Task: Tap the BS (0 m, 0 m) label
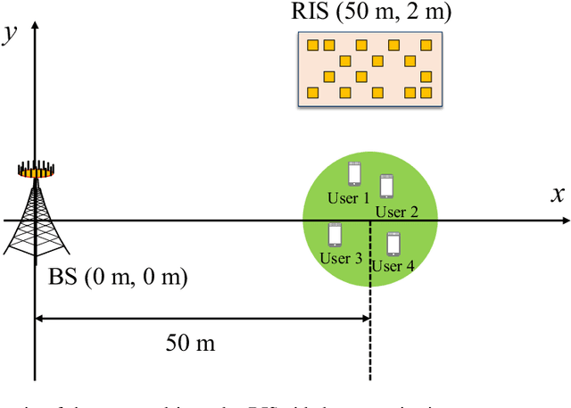click(118, 278)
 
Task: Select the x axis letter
click(558, 196)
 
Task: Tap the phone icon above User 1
click(354, 172)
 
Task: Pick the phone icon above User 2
click(386, 186)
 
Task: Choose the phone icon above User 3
click(335, 234)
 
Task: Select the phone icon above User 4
click(393, 243)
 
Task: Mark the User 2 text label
click(397, 212)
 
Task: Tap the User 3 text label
click(341, 259)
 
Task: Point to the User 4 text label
click(393, 266)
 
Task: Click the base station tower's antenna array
click(37, 168)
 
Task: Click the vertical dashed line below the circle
click(371, 339)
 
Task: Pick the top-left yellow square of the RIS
click(312, 45)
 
